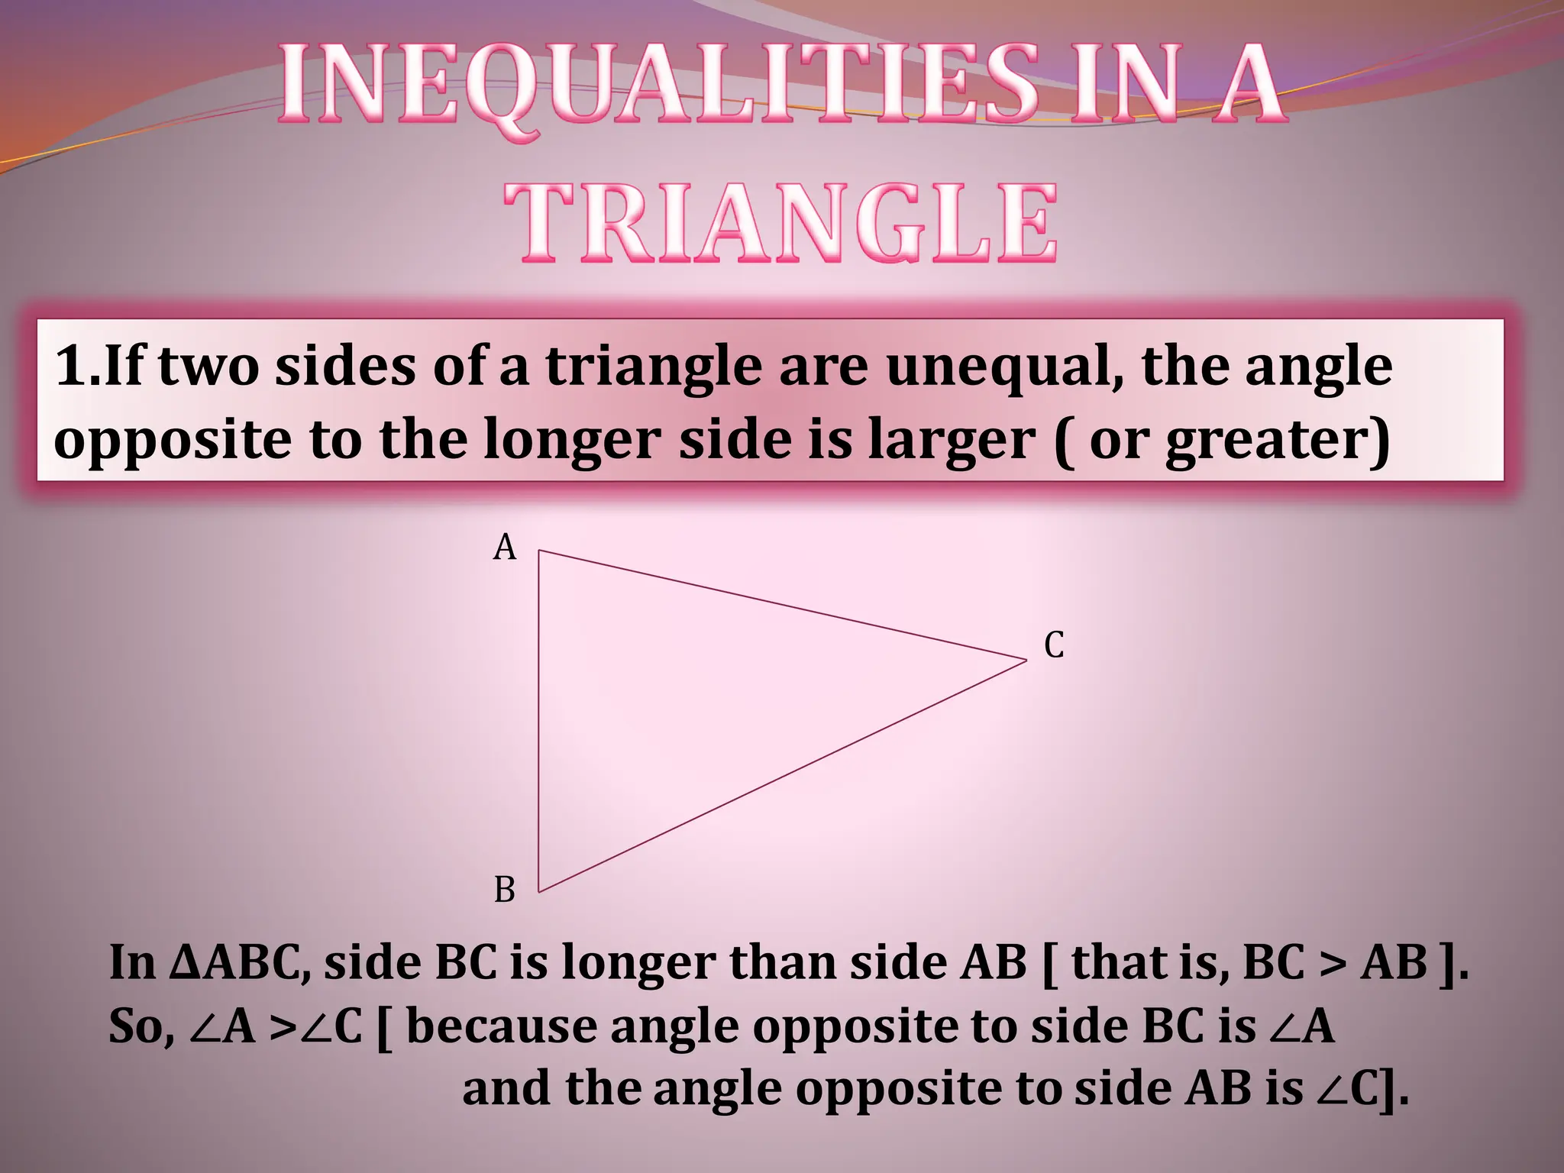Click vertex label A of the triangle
[505, 548]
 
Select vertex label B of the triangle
[505, 890]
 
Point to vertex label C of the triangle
[1054, 645]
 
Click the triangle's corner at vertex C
[1026, 661]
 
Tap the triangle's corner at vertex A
[540, 551]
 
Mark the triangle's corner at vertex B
[539, 891]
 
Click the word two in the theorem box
[207, 367]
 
